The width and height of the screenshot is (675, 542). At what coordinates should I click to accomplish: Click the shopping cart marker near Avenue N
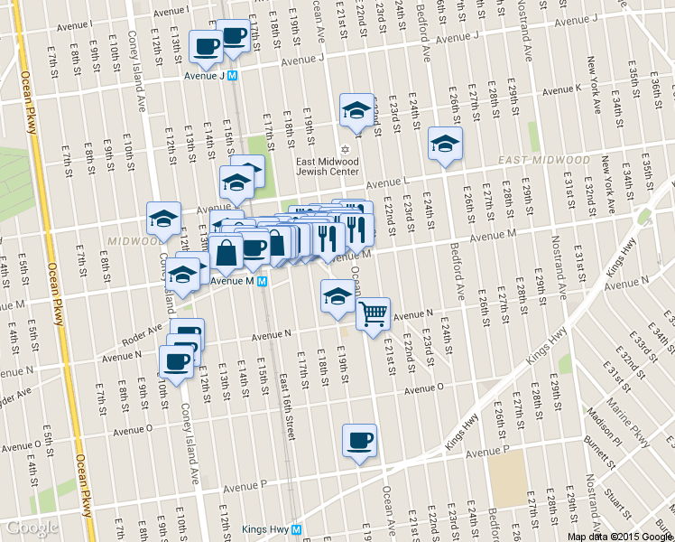click(373, 314)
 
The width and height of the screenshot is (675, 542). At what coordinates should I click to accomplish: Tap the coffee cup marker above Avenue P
click(359, 441)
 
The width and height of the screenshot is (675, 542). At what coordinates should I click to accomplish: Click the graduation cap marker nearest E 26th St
click(444, 145)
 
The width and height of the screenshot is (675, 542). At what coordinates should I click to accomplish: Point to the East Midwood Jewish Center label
click(328, 166)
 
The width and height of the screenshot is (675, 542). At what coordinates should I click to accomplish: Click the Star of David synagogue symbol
click(342, 150)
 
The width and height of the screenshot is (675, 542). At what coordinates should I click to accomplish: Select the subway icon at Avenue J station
click(233, 77)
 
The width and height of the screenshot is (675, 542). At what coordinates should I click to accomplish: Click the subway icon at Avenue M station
click(262, 281)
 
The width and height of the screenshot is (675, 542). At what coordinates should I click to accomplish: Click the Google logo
click(32, 528)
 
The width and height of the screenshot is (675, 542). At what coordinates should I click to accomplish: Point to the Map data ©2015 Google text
click(620, 536)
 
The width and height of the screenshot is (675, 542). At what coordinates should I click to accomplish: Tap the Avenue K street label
click(561, 89)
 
